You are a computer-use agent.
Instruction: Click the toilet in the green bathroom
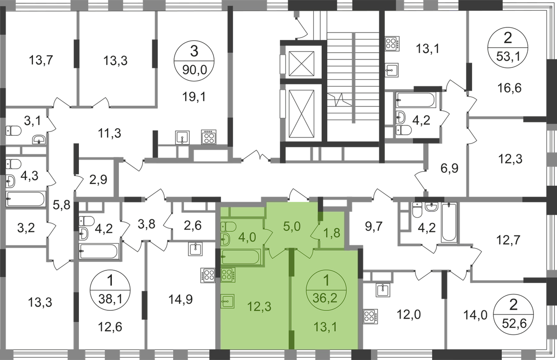[x=229, y=226]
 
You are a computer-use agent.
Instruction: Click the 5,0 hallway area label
[x=293, y=228]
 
